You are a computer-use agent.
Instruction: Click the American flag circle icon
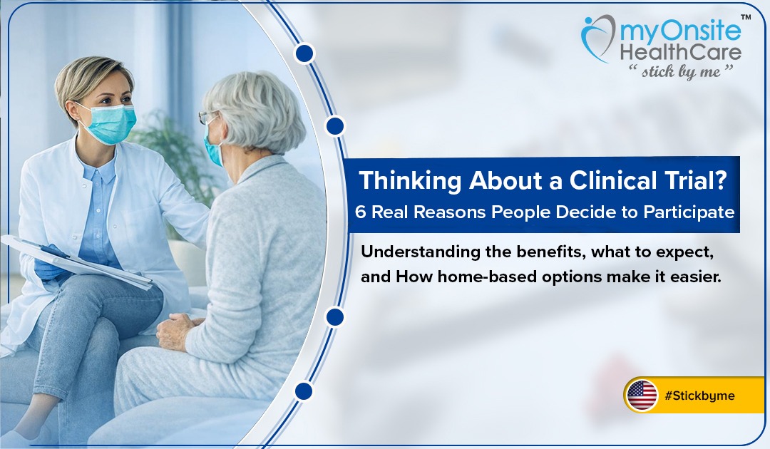pos(642,395)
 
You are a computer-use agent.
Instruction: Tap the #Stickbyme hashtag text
pos(699,396)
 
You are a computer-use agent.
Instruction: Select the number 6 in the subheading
pos(361,212)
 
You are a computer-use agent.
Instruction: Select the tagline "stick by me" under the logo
pos(681,72)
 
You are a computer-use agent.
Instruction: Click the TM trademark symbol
pos(746,18)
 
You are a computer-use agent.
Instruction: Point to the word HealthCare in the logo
pos(681,52)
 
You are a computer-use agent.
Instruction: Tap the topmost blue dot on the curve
pos(305,53)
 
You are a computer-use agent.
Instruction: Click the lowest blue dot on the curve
pos(304,391)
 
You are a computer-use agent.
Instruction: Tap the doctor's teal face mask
pos(109,123)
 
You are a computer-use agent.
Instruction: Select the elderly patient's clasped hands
pos(175,330)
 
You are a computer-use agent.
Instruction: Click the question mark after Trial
pos(720,180)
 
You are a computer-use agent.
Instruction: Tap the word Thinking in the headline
pos(410,181)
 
